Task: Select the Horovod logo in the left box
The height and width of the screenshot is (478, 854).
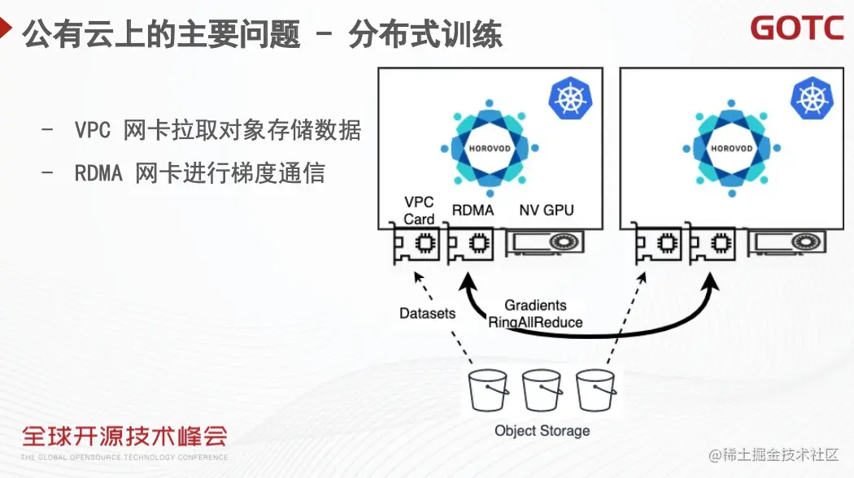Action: [490, 149]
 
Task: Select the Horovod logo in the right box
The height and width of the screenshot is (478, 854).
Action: [731, 149]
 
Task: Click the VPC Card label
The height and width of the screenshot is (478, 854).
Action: [419, 210]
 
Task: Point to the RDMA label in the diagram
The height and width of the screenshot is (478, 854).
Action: [473, 211]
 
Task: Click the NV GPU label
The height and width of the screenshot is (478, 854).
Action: [547, 211]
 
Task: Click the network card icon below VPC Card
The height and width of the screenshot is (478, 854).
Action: [416, 243]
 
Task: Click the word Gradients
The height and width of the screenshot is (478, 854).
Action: [535, 306]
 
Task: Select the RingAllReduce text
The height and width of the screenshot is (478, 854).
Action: [535, 322]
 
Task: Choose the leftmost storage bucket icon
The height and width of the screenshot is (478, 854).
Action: [488, 391]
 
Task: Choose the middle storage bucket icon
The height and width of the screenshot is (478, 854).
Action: [542, 391]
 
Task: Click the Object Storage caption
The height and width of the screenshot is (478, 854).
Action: [542, 431]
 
